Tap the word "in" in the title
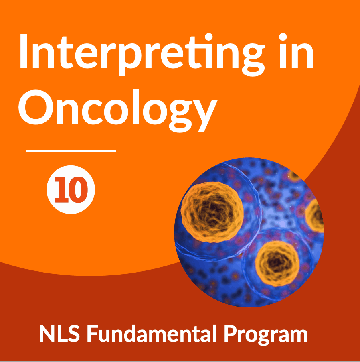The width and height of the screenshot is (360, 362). [296, 51]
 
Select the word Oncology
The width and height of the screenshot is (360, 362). [118, 111]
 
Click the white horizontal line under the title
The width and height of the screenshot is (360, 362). [71, 151]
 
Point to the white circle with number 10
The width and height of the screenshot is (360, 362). [71, 189]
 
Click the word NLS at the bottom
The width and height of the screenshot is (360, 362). [60, 334]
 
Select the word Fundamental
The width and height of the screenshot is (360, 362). [152, 334]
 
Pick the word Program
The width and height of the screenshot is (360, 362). [266, 335]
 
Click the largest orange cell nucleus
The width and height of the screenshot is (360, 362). [212, 212]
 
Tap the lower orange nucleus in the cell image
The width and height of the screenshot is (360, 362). [277, 263]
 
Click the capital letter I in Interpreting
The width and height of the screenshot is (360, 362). [24, 51]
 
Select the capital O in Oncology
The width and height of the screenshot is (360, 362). [36, 107]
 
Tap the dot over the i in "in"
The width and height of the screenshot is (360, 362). [283, 37]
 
